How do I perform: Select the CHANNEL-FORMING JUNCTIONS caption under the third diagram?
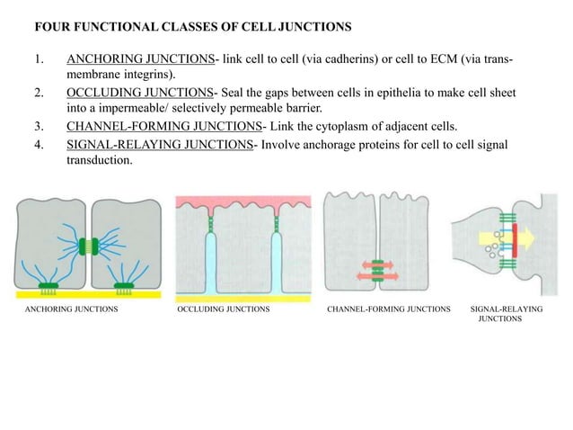389,309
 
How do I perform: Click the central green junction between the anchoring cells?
89,245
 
